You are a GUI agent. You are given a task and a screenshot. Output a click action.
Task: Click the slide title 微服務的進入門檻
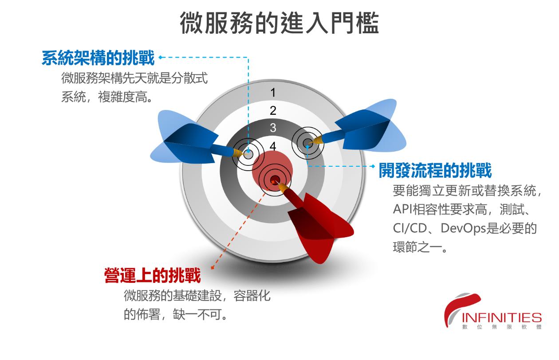click(x=279, y=23)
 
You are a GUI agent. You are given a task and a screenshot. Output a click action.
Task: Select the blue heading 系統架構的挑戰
click(x=98, y=58)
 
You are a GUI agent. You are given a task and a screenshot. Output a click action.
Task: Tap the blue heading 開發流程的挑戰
click(x=435, y=170)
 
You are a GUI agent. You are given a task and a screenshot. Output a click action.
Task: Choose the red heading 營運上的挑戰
click(x=152, y=275)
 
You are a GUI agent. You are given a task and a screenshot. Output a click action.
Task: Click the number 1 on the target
click(x=273, y=93)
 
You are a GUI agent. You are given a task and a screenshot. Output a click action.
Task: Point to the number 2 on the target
click(x=273, y=110)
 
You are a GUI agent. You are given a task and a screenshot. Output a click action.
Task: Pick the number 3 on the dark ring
click(x=273, y=128)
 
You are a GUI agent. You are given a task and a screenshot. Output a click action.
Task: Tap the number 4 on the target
click(x=273, y=146)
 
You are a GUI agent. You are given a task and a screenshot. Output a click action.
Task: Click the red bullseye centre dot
click(x=275, y=179)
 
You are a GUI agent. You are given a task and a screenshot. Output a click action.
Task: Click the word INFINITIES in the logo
click(x=502, y=317)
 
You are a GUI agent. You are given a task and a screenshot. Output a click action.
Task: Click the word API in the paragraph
click(x=403, y=209)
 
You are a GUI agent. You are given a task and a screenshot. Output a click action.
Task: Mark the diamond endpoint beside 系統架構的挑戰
click(x=160, y=57)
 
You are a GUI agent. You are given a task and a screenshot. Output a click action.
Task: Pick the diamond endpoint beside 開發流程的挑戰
click(x=374, y=166)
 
